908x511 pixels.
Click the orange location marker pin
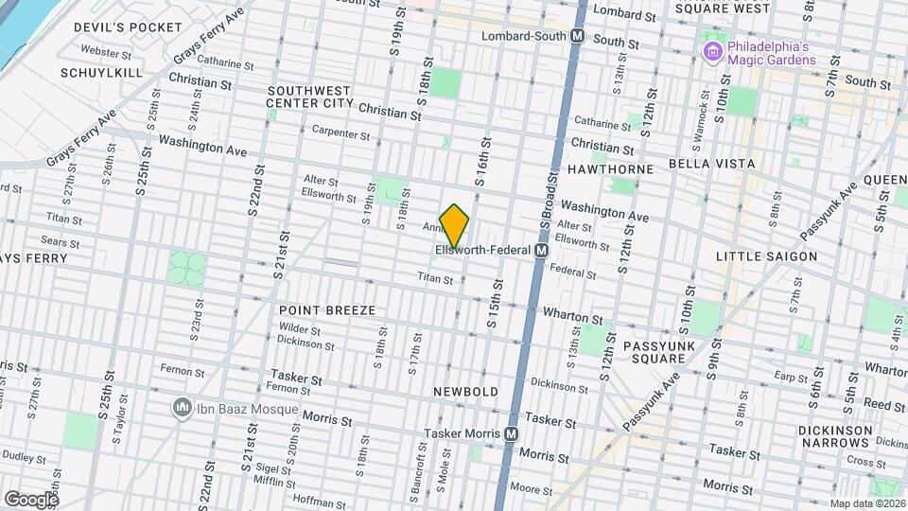coord(454,225)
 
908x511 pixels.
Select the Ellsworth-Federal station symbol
coord(541,251)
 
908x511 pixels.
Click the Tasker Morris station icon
coord(511,433)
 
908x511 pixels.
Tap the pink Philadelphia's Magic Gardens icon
coord(711,48)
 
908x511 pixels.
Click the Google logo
coord(30,499)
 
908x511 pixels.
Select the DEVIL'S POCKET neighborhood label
coord(127,27)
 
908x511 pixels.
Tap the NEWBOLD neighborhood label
coord(465,391)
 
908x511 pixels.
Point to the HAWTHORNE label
coord(610,168)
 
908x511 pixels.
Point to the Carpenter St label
coord(340,134)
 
